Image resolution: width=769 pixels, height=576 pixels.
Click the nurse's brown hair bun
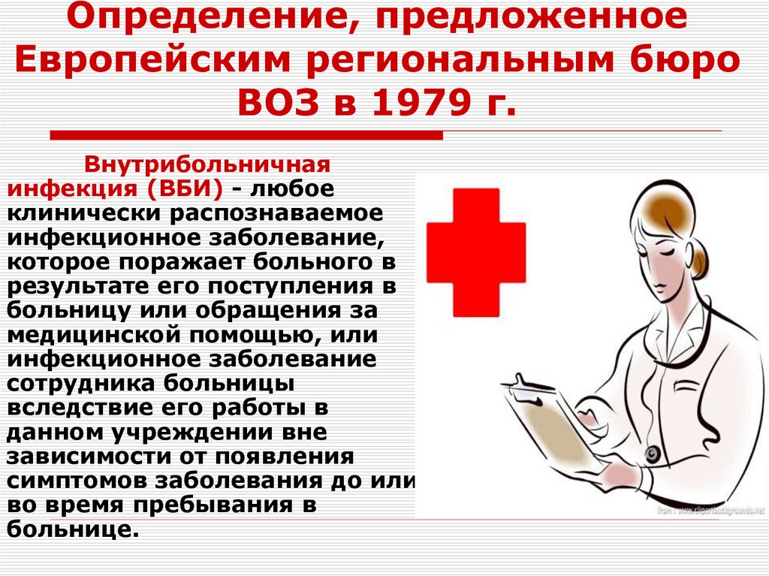tap(699, 258)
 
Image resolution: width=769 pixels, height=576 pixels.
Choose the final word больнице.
tap(73, 529)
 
